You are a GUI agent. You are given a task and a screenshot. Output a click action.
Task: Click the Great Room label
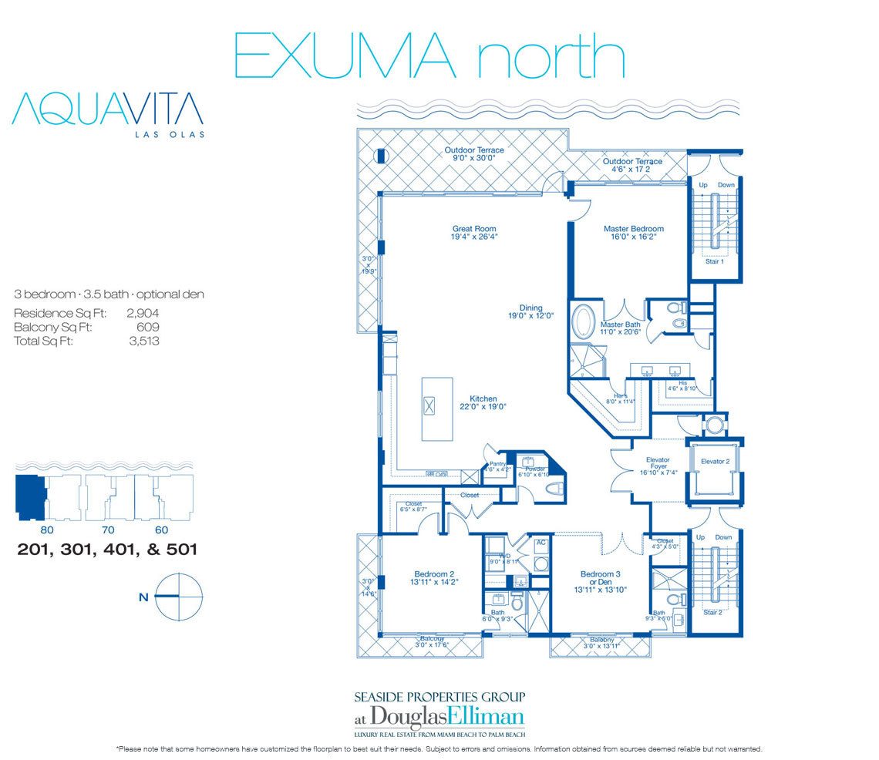(x=473, y=228)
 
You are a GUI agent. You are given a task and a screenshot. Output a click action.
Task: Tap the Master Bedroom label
(x=633, y=228)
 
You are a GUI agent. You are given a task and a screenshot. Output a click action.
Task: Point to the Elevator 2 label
(x=714, y=461)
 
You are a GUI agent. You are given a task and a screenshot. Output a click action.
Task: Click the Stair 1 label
(x=714, y=261)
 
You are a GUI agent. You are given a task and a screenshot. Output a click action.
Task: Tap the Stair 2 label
(x=714, y=613)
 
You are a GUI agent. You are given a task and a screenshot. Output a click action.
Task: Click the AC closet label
(x=541, y=543)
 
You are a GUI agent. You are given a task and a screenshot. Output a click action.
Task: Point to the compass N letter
(x=143, y=596)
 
